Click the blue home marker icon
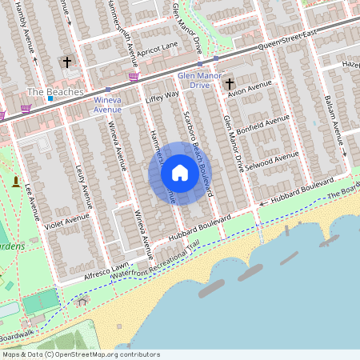(180, 173)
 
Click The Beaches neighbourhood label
(55, 92)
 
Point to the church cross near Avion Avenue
(230, 83)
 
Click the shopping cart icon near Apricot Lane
(134, 77)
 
